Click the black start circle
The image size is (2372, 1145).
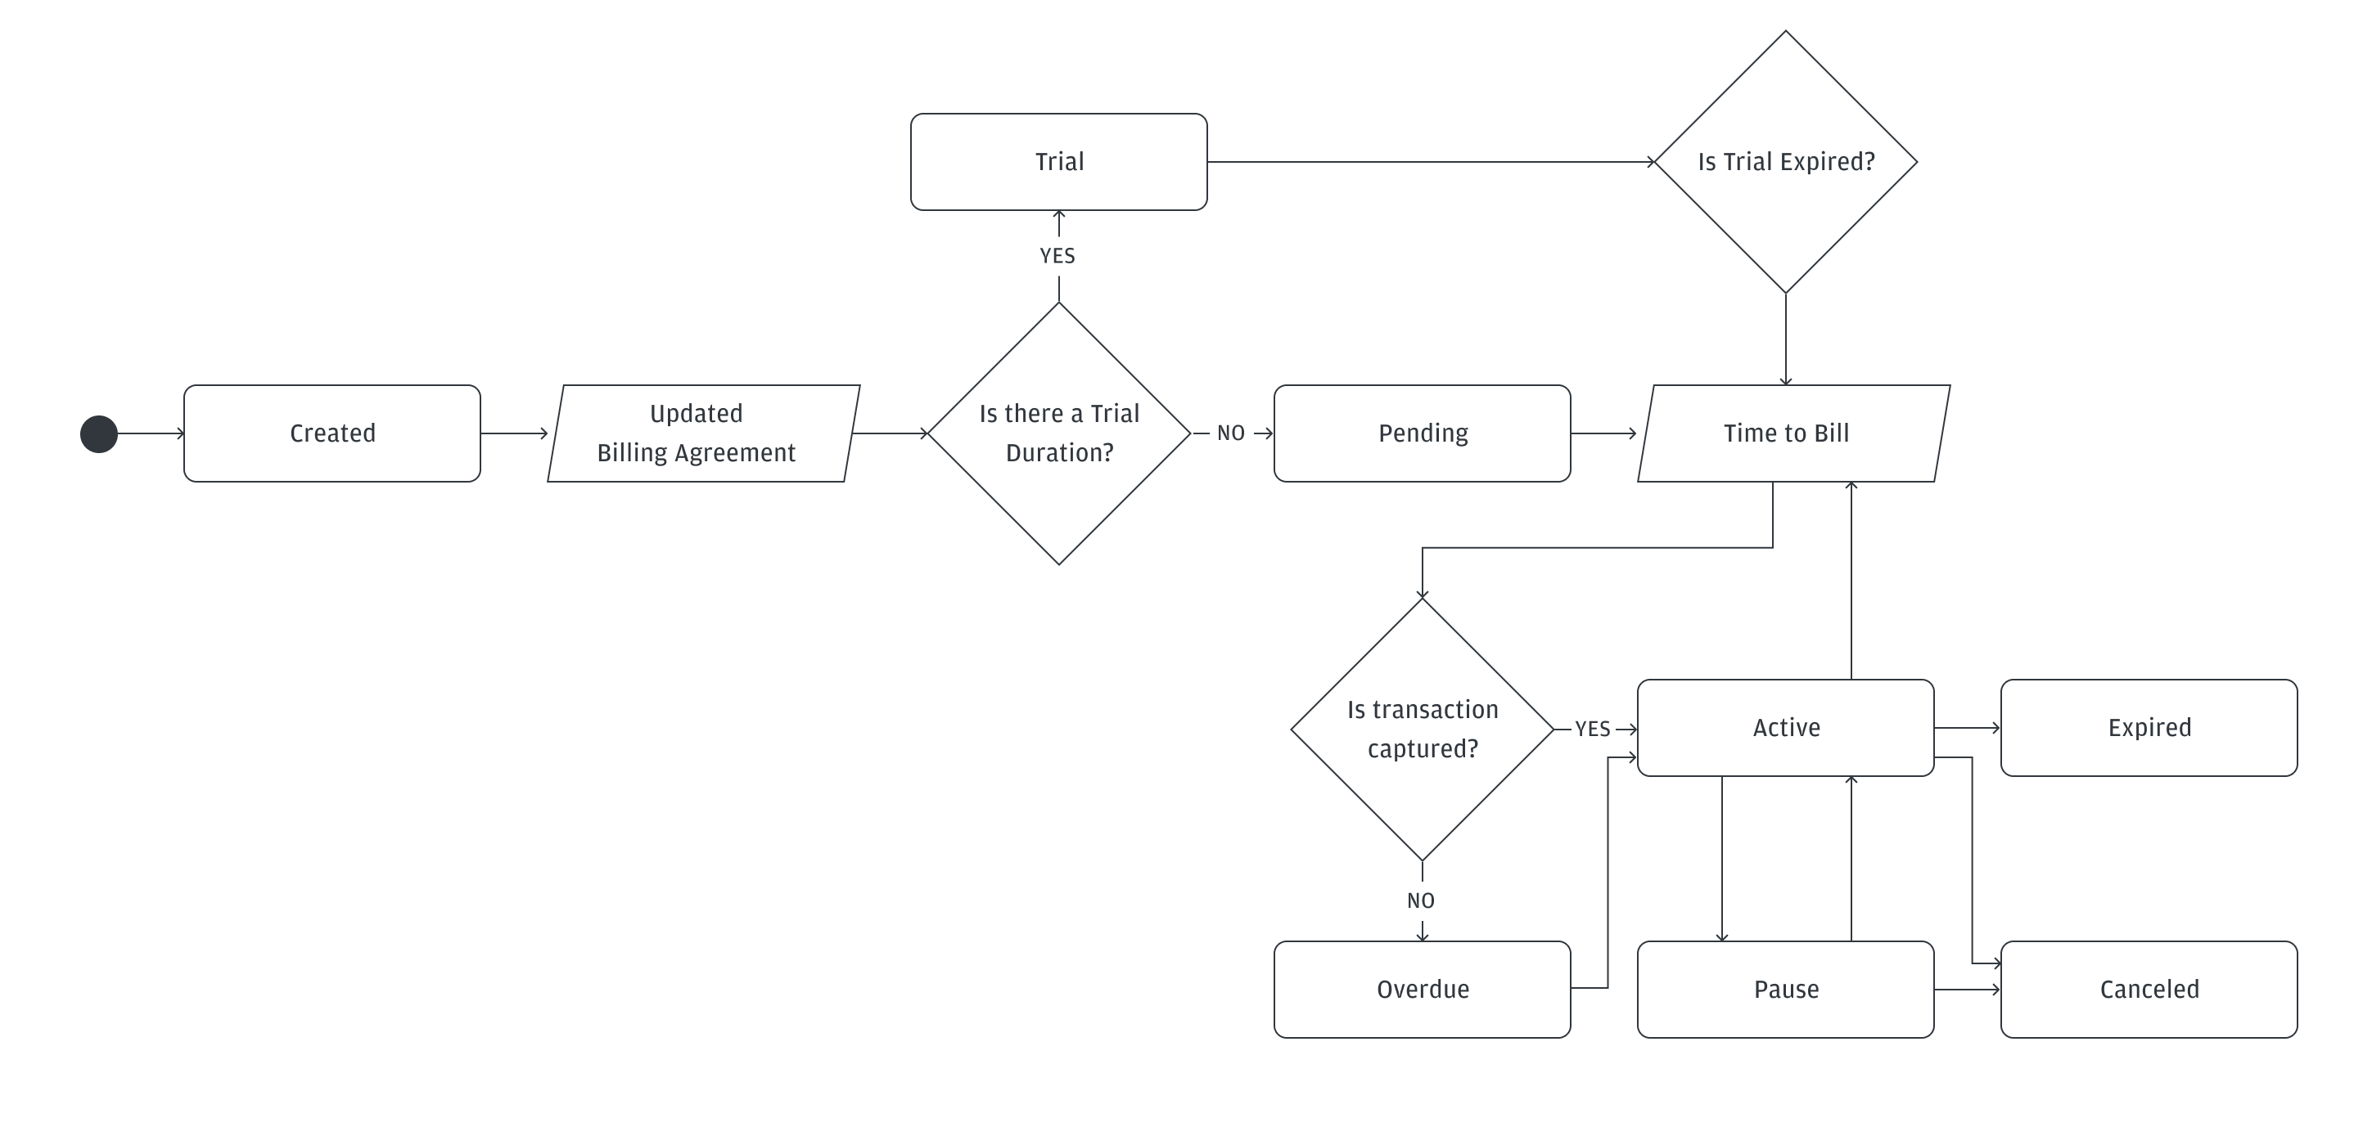coord(98,434)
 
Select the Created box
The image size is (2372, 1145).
coord(331,433)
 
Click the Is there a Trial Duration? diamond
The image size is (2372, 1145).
coord(1059,433)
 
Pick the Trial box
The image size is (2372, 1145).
coord(1059,162)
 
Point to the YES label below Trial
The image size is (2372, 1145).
coord(1057,256)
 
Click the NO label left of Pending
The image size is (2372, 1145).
coord(1230,433)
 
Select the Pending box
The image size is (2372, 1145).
coord(1422,433)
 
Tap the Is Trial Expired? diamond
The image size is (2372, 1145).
coord(1785,162)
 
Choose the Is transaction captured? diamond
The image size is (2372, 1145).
coord(1422,729)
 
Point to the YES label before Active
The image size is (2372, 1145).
coord(1592,729)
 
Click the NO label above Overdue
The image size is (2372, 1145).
coord(1421,901)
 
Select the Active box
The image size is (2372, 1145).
coord(1785,728)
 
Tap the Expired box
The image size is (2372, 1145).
coord(2149,728)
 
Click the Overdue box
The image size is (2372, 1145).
coord(1422,990)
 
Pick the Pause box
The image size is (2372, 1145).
coord(1785,990)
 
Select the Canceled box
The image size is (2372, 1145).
coord(2149,990)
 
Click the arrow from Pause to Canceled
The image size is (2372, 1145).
coord(1967,990)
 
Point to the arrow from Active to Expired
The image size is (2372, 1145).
coord(1967,728)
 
